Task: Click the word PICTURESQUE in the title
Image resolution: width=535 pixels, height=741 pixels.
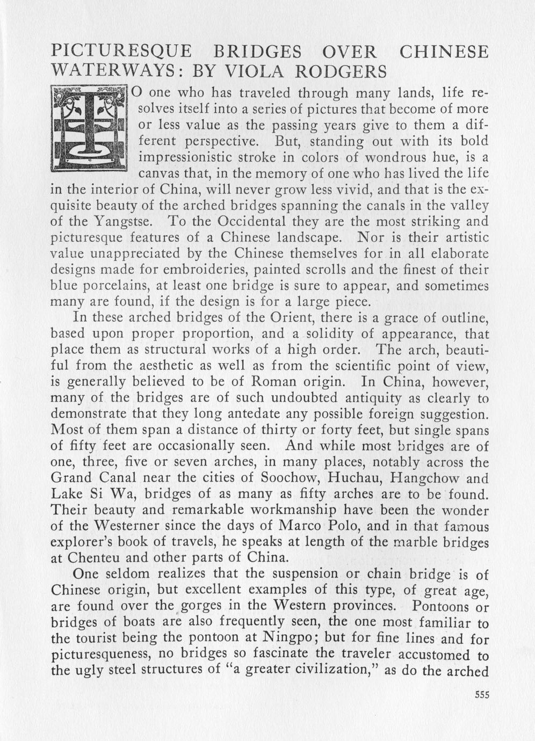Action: [121, 52]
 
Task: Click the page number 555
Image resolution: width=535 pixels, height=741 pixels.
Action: [482, 694]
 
